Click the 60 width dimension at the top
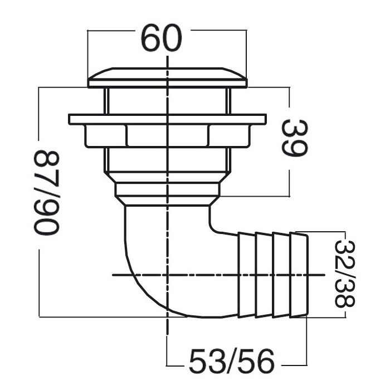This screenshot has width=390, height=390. point(162,38)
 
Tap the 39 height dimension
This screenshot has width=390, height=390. point(295,138)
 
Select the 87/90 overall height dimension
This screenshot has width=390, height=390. point(46,192)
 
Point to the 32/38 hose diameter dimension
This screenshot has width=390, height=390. point(345,274)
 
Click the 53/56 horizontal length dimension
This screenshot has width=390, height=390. point(232,362)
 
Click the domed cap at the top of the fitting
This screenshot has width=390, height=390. point(167,77)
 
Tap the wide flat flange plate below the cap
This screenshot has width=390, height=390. point(167,119)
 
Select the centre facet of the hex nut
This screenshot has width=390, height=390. point(167,135)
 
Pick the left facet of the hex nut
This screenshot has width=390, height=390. point(105,136)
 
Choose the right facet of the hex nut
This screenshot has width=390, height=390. point(229,136)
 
